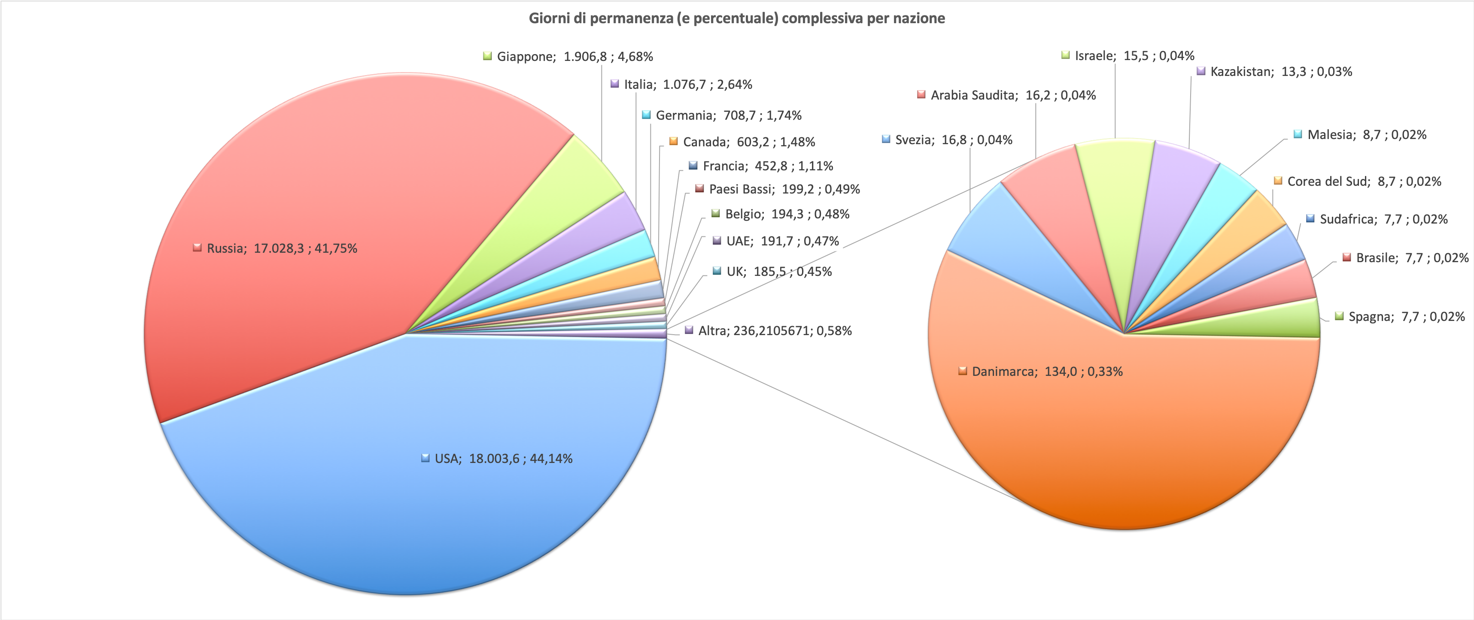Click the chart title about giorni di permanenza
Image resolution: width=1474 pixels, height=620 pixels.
point(736,18)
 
